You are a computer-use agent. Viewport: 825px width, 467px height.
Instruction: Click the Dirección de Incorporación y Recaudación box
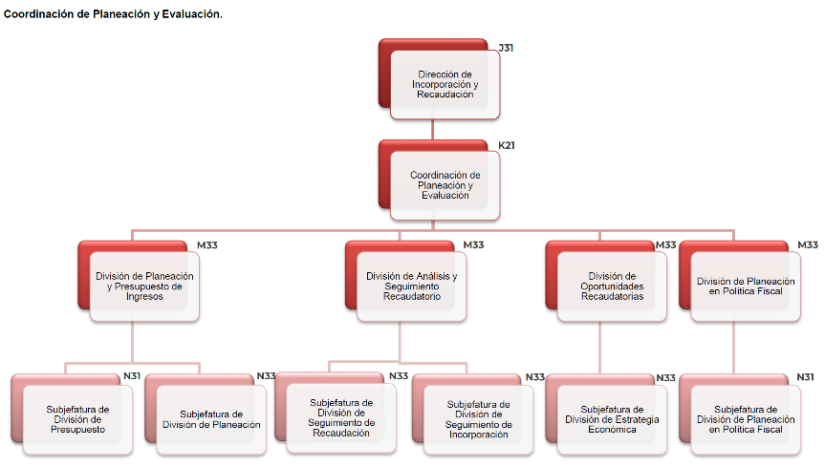pyautogui.click(x=445, y=85)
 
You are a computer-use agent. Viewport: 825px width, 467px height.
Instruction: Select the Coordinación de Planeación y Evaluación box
pyautogui.click(x=445, y=185)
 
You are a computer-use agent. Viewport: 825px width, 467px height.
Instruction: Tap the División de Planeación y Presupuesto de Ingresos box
pyautogui.click(x=144, y=286)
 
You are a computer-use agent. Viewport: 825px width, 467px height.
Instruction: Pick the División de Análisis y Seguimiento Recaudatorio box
pyautogui.click(x=411, y=286)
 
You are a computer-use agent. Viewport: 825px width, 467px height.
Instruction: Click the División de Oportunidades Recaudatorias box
pyautogui.click(x=612, y=286)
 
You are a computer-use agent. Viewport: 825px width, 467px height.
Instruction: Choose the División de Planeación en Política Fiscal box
pyautogui.click(x=746, y=286)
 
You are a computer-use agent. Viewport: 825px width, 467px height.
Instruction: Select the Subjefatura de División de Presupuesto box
pyautogui.click(x=77, y=418)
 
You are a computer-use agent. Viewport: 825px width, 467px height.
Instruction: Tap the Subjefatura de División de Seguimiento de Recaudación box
pyautogui.click(x=342, y=417)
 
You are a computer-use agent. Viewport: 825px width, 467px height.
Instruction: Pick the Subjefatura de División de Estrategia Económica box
pyautogui.click(x=612, y=418)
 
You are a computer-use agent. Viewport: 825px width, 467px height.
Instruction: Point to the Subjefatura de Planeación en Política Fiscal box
pyautogui.click(x=746, y=418)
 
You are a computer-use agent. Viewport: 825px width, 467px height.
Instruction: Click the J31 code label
pyautogui.click(x=506, y=47)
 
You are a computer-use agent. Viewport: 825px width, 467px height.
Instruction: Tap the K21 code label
pyautogui.click(x=507, y=145)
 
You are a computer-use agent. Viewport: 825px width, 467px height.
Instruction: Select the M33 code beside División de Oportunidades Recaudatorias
pyautogui.click(x=666, y=245)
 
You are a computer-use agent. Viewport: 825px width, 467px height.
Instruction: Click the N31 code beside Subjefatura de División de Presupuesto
pyautogui.click(x=132, y=376)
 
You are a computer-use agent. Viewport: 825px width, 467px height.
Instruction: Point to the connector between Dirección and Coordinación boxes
pyautogui.click(x=433, y=129)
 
